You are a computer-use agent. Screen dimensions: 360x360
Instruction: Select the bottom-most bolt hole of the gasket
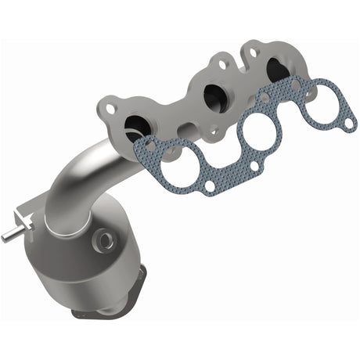[x=210, y=185]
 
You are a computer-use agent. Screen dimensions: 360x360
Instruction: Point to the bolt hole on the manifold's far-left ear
[x=107, y=103]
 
